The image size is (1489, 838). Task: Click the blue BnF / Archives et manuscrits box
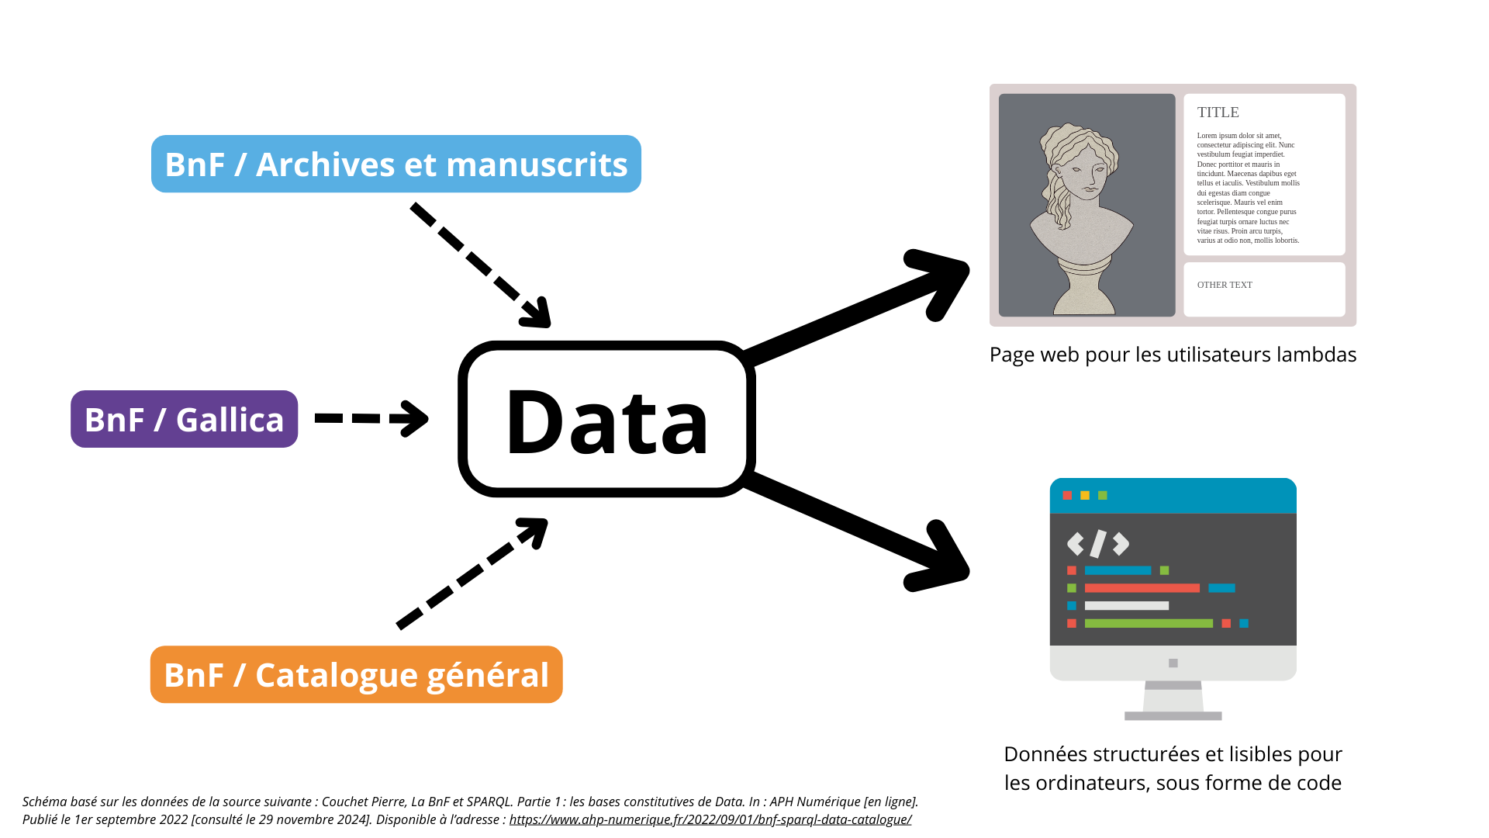[x=396, y=164]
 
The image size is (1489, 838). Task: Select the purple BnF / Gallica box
[x=185, y=419]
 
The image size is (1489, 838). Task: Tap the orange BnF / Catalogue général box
[x=357, y=674]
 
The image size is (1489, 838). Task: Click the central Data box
[x=606, y=419]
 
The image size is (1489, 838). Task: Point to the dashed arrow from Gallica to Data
[x=371, y=418]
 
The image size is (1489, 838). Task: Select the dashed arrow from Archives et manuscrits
[x=481, y=265]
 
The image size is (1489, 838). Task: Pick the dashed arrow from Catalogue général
[x=472, y=573]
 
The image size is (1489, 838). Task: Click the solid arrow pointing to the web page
[x=857, y=306]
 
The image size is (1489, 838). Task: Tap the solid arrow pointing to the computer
[x=857, y=532]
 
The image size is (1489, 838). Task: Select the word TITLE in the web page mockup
[x=1218, y=113]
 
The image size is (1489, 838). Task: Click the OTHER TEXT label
[x=1225, y=285]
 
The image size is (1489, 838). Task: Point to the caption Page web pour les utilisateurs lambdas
[x=1173, y=355]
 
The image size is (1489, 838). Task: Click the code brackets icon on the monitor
[x=1098, y=544]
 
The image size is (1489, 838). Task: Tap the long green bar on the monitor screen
[x=1149, y=623]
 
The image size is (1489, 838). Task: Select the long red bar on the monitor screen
[x=1142, y=588]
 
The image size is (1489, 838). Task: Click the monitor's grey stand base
[x=1173, y=715]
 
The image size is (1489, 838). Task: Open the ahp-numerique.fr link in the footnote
[x=710, y=819]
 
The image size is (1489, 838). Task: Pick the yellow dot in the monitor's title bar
[x=1085, y=495]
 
